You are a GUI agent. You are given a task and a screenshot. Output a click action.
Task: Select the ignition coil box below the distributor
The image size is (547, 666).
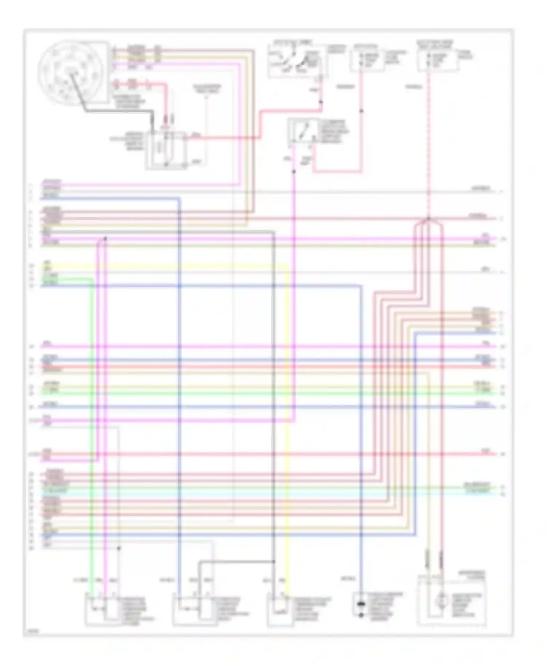tap(166, 150)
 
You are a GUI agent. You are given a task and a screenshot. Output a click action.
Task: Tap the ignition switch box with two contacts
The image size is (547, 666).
tap(295, 61)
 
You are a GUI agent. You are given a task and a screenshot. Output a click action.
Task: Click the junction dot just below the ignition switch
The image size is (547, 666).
tap(321, 102)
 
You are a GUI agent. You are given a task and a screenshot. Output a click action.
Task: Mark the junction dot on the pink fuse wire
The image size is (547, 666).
tap(362, 111)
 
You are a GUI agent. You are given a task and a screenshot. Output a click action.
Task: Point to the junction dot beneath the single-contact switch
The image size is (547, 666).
tap(294, 172)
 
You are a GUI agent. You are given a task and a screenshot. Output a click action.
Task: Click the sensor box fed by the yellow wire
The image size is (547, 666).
tap(280, 609)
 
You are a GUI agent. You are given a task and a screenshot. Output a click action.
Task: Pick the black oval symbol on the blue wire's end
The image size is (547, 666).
tap(361, 605)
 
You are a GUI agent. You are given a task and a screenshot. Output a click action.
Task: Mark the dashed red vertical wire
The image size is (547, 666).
tap(428, 146)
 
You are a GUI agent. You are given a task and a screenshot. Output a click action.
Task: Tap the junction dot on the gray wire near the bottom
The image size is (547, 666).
tap(119, 548)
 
